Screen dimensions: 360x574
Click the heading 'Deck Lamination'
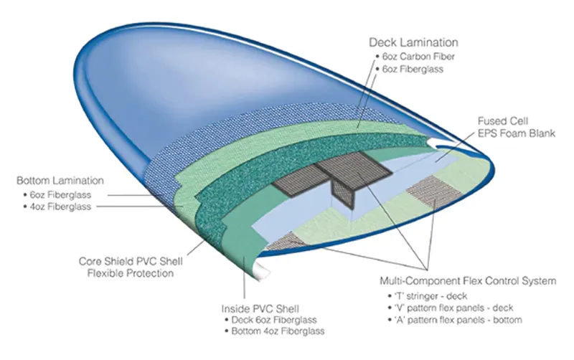[413, 43]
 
